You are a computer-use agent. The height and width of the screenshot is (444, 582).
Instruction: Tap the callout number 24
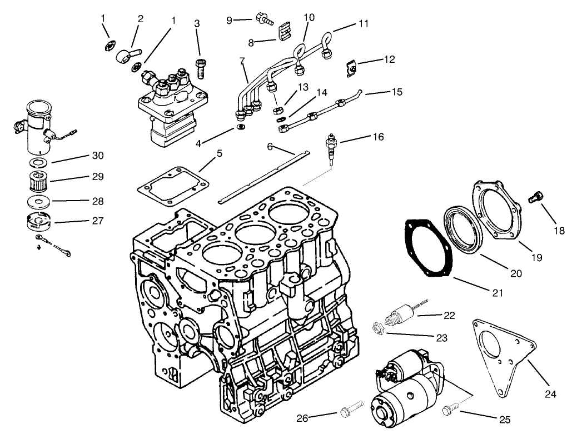(550, 395)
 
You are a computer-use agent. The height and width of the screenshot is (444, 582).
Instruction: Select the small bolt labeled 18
(537, 197)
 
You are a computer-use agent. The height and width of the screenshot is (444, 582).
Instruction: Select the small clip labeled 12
(351, 68)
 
